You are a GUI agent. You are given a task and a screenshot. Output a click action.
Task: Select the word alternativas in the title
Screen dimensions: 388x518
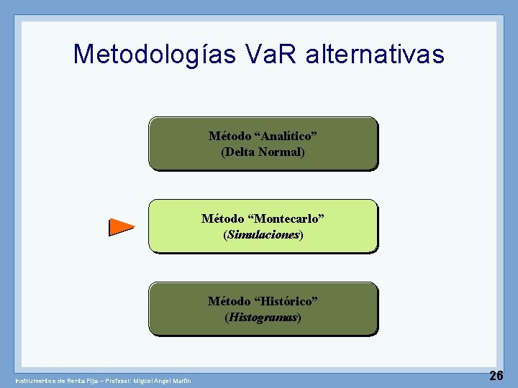377,54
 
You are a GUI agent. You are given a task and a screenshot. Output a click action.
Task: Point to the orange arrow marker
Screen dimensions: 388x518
121,227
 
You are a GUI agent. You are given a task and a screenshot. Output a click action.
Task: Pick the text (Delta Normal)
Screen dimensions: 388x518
263,152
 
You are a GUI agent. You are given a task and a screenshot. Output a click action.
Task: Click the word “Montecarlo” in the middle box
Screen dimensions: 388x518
286,218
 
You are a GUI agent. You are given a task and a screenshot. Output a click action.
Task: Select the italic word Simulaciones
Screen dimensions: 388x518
263,235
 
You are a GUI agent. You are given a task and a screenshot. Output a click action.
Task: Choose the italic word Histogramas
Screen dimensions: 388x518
263,317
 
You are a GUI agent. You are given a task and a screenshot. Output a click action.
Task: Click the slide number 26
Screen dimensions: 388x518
496,375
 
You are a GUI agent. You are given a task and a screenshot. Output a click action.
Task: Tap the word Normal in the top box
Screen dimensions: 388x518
281,152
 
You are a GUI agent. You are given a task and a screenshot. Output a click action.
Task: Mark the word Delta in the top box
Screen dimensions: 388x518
242,152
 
